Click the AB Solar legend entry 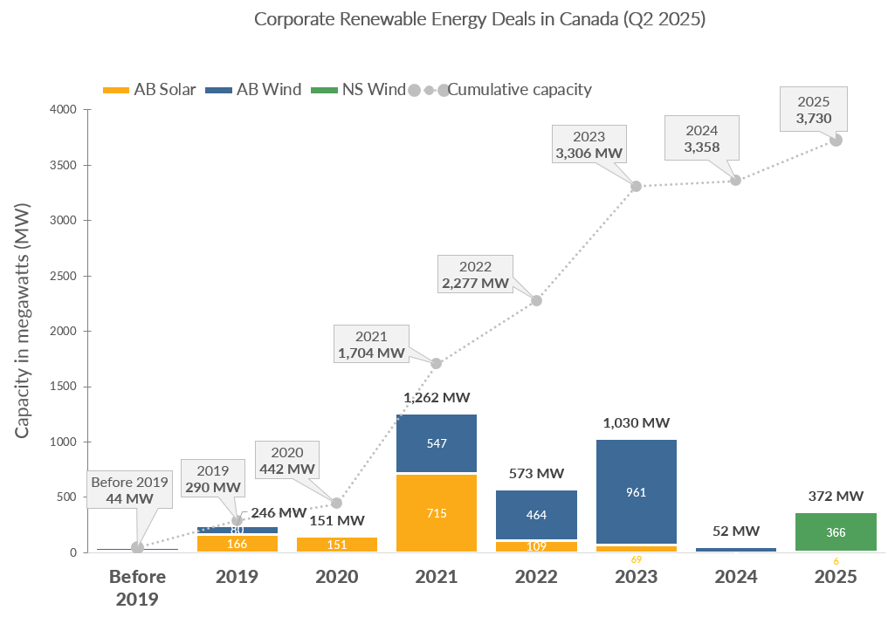148,89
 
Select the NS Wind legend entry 359,89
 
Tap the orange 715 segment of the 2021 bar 437,513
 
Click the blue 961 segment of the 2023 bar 636,491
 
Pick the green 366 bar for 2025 835,531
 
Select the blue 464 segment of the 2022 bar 536,515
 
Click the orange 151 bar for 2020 337,545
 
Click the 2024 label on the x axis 735,577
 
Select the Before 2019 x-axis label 137,587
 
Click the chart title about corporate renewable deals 479,19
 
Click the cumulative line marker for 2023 636,186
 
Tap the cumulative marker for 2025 836,140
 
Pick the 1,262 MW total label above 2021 437,397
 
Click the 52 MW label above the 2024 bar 735,531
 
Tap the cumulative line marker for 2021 437,363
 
